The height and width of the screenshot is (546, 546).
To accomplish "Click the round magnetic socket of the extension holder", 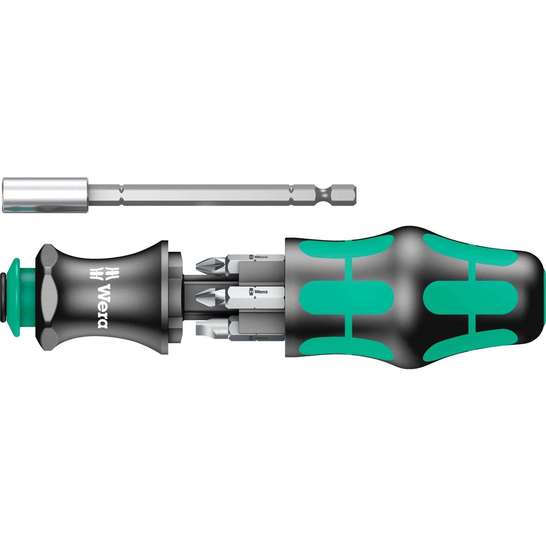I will click(45, 195).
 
